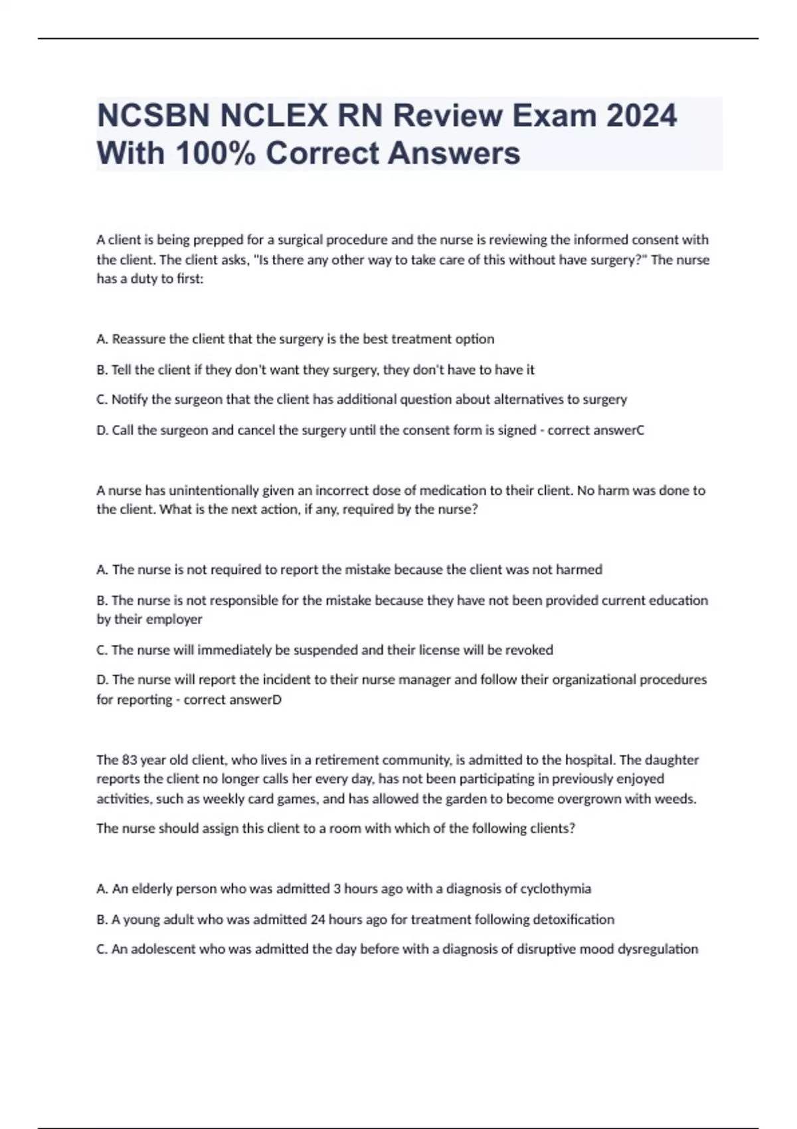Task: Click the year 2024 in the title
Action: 641,116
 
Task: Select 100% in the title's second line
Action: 216,153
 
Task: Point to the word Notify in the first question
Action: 130,400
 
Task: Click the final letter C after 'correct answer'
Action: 640,430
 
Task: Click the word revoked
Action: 529,650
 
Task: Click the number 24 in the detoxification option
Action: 317,920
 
